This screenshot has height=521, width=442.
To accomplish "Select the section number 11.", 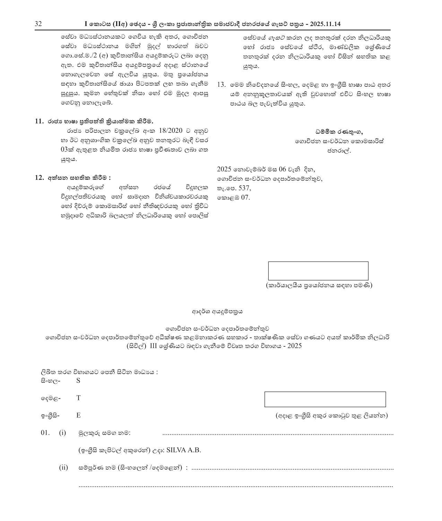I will (39, 121).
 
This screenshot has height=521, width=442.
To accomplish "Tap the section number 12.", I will (39, 178).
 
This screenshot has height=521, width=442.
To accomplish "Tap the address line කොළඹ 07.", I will (233, 198).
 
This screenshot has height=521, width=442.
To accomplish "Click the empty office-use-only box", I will (318, 271).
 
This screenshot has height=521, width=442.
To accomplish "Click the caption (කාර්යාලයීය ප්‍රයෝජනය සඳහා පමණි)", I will (319, 285).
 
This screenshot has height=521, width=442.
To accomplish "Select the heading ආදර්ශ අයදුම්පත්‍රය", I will (217, 311).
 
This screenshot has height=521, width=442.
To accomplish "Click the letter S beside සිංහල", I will (78, 381).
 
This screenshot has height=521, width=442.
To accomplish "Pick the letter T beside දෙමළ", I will (78, 398).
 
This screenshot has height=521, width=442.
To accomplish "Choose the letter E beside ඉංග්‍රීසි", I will (78, 415).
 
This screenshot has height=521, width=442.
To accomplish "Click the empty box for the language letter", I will (325, 399).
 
